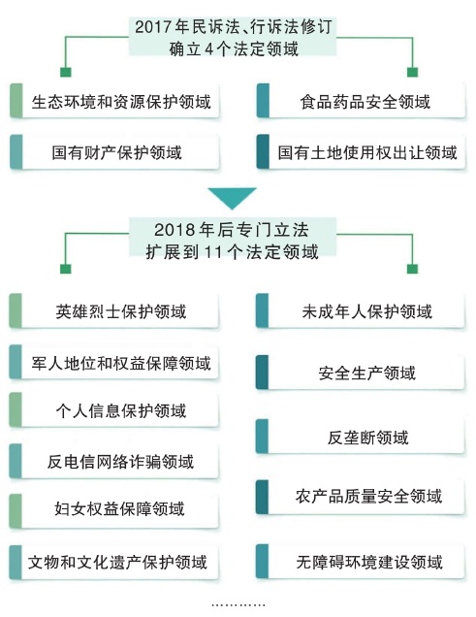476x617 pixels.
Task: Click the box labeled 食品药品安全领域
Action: click(361, 101)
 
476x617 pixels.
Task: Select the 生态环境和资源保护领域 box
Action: click(114, 101)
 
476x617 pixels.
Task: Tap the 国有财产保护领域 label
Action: click(116, 152)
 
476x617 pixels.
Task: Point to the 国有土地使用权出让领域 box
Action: click(361, 152)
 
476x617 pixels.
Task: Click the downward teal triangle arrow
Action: click(233, 198)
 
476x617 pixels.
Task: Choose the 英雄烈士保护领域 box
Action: click(114, 310)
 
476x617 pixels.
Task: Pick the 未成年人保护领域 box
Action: click(361, 310)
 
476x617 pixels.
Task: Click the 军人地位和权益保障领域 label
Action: click(121, 363)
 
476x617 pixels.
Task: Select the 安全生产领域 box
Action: click(361, 373)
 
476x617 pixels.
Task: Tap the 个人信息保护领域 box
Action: click(114, 409)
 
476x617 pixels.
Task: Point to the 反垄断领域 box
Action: click(361, 437)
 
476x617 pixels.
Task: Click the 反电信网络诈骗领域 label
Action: click(120, 461)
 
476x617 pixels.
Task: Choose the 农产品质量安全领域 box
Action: click(361, 497)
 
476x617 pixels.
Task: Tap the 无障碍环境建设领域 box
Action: click(361, 562)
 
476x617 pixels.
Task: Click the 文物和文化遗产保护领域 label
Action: click(117, 562)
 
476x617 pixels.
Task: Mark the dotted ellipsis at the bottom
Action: click(238, 604)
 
